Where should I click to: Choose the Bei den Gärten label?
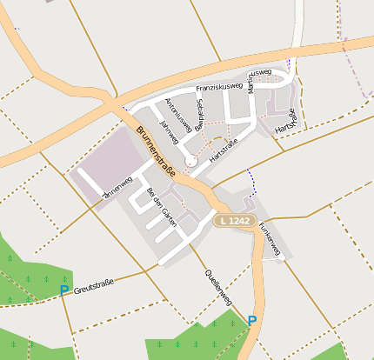tap(163, 206)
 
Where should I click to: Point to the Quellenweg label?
tap(218, 286)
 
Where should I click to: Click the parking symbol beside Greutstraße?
tap(63, 290)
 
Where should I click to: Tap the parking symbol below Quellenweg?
tap(252, 321)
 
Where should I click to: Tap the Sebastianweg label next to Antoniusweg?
tap(199, 115)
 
